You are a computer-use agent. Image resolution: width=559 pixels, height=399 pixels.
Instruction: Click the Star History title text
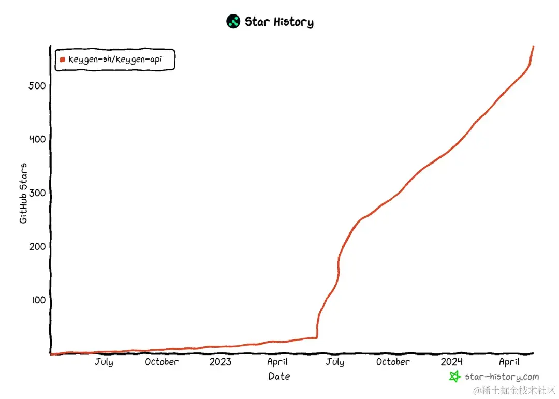(279, 22)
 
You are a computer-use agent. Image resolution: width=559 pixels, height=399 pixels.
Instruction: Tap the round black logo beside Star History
(233, 22)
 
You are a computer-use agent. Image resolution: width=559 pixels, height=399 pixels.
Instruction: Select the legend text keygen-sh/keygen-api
(115, 60)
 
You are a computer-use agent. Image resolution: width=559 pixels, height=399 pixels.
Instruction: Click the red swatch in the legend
(62, 60)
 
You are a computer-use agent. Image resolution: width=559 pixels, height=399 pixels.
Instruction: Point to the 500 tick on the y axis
(37, 85)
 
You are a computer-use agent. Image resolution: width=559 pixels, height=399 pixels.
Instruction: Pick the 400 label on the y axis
(37, 139)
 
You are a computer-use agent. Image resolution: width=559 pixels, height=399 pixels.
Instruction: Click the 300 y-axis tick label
(37, 193)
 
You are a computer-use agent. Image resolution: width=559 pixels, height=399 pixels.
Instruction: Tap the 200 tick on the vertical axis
(37, 246)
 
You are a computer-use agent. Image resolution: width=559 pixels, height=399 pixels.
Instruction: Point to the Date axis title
(279, 376)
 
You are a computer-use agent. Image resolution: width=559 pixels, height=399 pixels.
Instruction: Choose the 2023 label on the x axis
(220, 362)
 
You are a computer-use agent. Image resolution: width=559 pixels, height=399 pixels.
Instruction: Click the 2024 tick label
(452, 362)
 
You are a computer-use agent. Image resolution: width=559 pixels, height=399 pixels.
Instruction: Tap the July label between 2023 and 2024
(335, 362)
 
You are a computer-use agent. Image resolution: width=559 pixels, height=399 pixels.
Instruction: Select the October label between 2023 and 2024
(393, 362)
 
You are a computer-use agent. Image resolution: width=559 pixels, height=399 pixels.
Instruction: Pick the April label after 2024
(509, 362)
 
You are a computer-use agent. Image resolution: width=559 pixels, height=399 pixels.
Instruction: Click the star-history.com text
(502, 377)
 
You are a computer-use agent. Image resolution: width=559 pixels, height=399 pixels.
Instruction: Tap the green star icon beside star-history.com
(454, 377)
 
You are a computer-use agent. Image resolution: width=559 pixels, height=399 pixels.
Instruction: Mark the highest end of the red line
(533, 47)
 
